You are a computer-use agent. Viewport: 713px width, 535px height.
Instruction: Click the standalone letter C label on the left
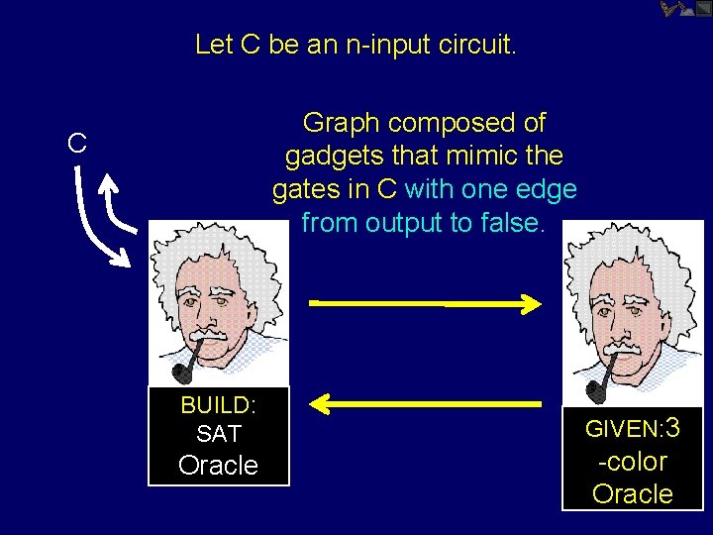click(76, 144)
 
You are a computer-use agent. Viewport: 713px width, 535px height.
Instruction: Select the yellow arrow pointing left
click(426, 402)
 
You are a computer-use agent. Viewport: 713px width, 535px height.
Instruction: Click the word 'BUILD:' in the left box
click(218, 405)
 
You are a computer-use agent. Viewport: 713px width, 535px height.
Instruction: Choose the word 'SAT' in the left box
click(218, 433)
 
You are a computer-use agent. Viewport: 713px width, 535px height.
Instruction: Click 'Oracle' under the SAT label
click(218, 466)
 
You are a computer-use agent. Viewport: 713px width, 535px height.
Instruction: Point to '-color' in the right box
click(632, 462)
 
